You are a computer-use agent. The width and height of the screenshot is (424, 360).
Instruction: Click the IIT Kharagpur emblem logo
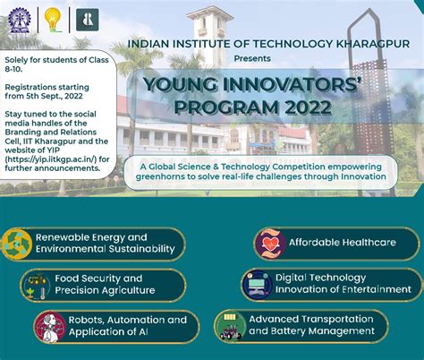pyautogui.click(x=20, y=21)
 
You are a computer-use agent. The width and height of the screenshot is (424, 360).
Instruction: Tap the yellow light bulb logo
pyautogui.click(x=53, y=20)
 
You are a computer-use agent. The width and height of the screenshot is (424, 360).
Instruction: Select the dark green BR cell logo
pyautogui.click(x=88, y=20)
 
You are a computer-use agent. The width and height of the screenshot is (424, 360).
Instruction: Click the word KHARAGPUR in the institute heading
pyautogui.click(x=373, y=44)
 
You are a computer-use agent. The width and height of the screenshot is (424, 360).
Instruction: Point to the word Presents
pyautogui.click(x=252, y=58)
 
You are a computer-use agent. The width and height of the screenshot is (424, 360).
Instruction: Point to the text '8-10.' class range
pyautogui.click(x=13, y=69)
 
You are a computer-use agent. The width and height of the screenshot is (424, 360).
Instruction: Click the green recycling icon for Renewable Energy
pyautogui.click(x=17, y=244)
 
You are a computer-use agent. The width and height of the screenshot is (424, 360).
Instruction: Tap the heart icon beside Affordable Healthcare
pyautogui.click(x=270, y=244)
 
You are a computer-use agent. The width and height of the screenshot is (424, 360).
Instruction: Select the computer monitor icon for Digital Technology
pyautogui.click(x=257, y=285)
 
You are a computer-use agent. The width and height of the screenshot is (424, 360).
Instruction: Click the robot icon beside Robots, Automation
pyautogui.click(x=50, y=327)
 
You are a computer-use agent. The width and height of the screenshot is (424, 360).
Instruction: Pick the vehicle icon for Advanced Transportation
pyautogui.click(x=230, y=327)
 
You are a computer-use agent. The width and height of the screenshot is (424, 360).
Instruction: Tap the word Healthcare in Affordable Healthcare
pyautogui.click(x=369, y=242)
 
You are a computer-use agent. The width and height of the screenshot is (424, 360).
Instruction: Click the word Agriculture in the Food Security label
pyautogui.click(x=130, y=290)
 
